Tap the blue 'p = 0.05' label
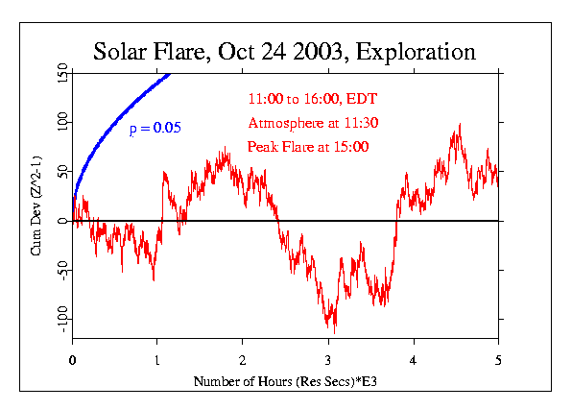coord(155,129)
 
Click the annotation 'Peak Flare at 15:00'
coord(307,147)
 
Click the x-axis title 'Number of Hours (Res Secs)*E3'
coord(285,381)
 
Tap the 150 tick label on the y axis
coord(60,72)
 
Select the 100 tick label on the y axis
coord(60,122)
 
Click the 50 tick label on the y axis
coord(60,171)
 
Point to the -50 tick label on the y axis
coord(60,271)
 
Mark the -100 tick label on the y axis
coord(60,320)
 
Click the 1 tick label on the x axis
coord(157,361)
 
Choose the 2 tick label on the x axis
coord(243,361)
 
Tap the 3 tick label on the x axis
coord(328,361)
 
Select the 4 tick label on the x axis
coord(414,361)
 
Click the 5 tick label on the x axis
coord(498,361)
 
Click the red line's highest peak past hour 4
coord(461,125)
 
